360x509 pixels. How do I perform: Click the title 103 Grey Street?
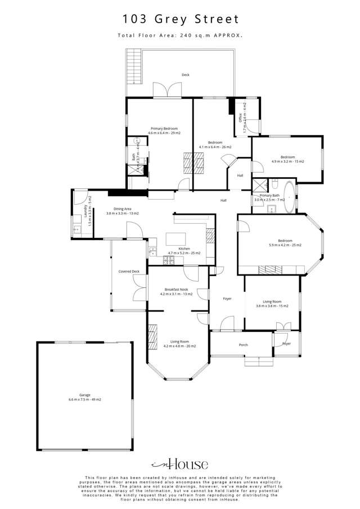pyautogui.click(x=181, y=19)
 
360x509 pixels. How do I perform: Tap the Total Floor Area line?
pyautogui.click(x=181, y=35)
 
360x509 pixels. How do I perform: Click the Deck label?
pyautogui.click(x=185, y=75)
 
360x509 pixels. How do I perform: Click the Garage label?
pyautogui.click(x=85, y=397)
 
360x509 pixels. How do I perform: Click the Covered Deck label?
pyautogui.click(x=125, y=272)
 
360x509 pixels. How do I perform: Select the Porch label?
pyautogui.click(x=244, y=345)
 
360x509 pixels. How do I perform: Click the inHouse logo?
pyautogui.click(x=180, y=464)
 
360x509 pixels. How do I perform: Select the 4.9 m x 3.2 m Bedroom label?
pyautogui.click(x=288, y=159)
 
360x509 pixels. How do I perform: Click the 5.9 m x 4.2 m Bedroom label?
pyautogui.click(x=285, y=242)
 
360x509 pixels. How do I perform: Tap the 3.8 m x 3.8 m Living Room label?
pyautogui.click(x=272, y=303)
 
